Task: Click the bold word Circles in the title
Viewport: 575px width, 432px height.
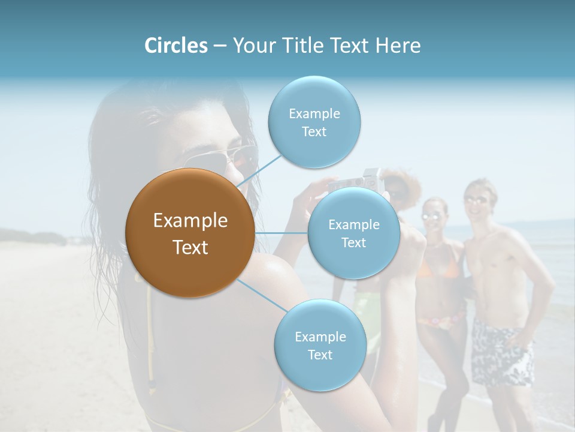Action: [x=176, y=46]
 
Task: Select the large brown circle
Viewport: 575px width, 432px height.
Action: [x=190, y=233]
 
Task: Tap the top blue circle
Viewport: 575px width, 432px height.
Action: [x=314, y=122]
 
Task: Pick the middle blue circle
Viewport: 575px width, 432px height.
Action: [x=353, y=233]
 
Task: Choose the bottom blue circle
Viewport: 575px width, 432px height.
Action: [x=320, y=346]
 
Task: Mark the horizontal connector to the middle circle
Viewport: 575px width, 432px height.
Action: [x=282, y=233]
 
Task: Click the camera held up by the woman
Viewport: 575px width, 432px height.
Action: [x=359, y=181]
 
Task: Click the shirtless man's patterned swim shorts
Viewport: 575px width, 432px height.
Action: [x=502, y=353]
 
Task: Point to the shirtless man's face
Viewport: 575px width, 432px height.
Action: [x=478, y=200]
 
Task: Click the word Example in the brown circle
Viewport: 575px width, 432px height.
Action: [x=190, y=221]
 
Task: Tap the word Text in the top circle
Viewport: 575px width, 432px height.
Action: [x=314, y=132]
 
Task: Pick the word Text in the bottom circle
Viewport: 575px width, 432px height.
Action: [x=320, y=355]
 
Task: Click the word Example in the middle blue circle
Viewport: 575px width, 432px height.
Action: [x=354, y=225]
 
